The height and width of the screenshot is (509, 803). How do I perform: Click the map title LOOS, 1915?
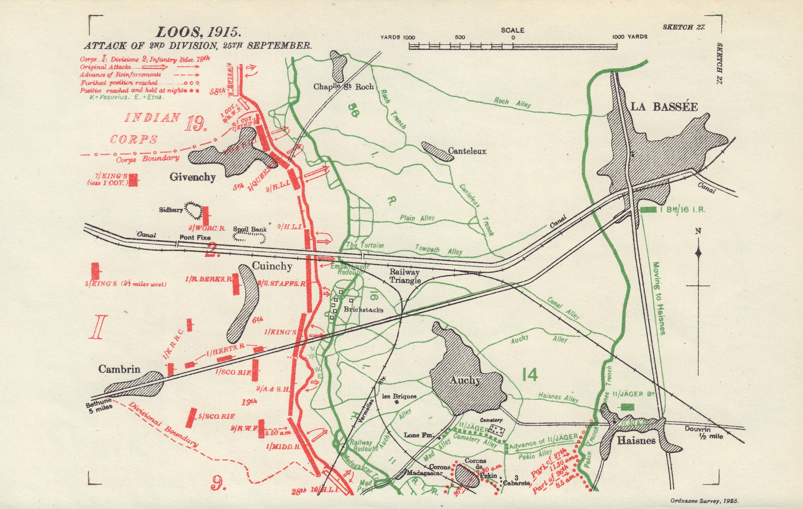(x=198, y=32)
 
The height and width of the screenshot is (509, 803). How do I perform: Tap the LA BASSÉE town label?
(x=664, y=107)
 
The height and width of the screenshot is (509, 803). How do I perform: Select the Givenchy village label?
(x=192, y=177)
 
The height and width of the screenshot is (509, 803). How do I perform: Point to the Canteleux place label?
(x=467, y=151)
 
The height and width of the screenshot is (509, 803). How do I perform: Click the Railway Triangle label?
(x=405, y=276)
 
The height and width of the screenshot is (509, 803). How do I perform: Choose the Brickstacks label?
(x=363, y=309)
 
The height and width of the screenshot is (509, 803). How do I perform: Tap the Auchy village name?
(x=465, y=380)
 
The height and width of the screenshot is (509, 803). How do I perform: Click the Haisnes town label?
(x=636, y=441)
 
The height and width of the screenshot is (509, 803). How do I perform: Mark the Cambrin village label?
(x=119, y=369)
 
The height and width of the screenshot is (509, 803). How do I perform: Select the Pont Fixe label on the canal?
(x=195, y=237)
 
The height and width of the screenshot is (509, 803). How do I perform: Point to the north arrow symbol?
(x=698, y=253)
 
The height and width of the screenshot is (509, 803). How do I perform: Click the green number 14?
(x=530, y=375)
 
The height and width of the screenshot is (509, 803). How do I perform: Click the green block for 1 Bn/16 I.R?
(x=648, y=210)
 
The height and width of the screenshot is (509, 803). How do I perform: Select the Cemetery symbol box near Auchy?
(x=496, y=430)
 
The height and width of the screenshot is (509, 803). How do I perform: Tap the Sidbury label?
(x=171, y=210)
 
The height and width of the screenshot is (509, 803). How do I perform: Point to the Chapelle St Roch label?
(x=343, y=87)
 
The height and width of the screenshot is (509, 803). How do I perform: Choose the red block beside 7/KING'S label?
(x=133, y=179)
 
